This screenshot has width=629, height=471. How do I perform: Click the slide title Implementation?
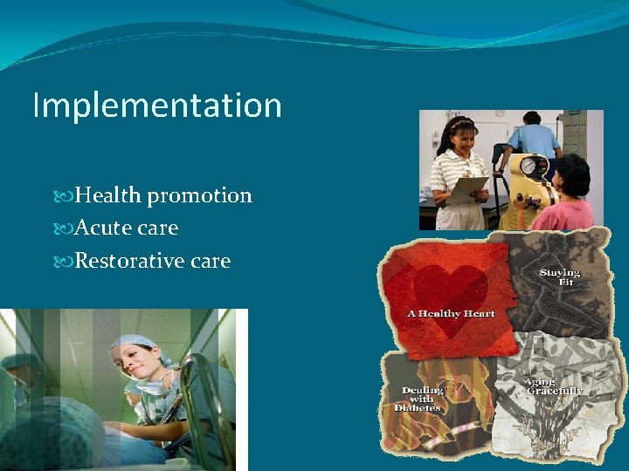click(x=157, y=106)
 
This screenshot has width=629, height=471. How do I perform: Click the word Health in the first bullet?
click(x=110, y=195)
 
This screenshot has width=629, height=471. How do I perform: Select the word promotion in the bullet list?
click(x=200, y=196)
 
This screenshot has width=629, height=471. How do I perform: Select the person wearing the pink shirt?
click(x=566, y=196)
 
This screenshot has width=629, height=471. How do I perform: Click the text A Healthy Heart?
click(x=451, y=313)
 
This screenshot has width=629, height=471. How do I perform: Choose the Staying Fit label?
click(x=559, y=277)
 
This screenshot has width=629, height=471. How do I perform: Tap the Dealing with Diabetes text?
click(x=422, y=399)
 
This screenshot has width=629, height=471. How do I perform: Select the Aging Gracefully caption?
click(x=553, y=386)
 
